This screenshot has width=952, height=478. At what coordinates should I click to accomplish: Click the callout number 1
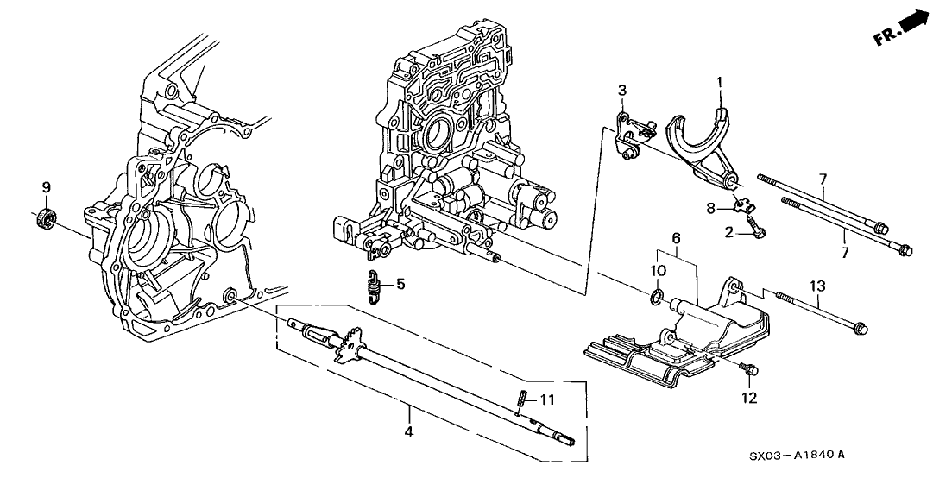point(718,83)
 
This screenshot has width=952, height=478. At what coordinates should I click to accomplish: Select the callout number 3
point(621,90)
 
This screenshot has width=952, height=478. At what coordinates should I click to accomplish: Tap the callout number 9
point(47,186)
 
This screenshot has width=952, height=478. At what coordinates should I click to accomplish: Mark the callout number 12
point(748,398)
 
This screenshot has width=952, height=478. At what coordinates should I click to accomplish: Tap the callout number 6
point(677,237)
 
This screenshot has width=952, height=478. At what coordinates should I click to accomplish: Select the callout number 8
point(709,207)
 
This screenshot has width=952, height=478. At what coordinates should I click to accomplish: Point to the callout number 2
point(729,232)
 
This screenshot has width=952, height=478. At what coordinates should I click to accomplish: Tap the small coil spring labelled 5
point(372,286)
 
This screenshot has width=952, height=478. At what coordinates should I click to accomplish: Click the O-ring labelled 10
point(658,299)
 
